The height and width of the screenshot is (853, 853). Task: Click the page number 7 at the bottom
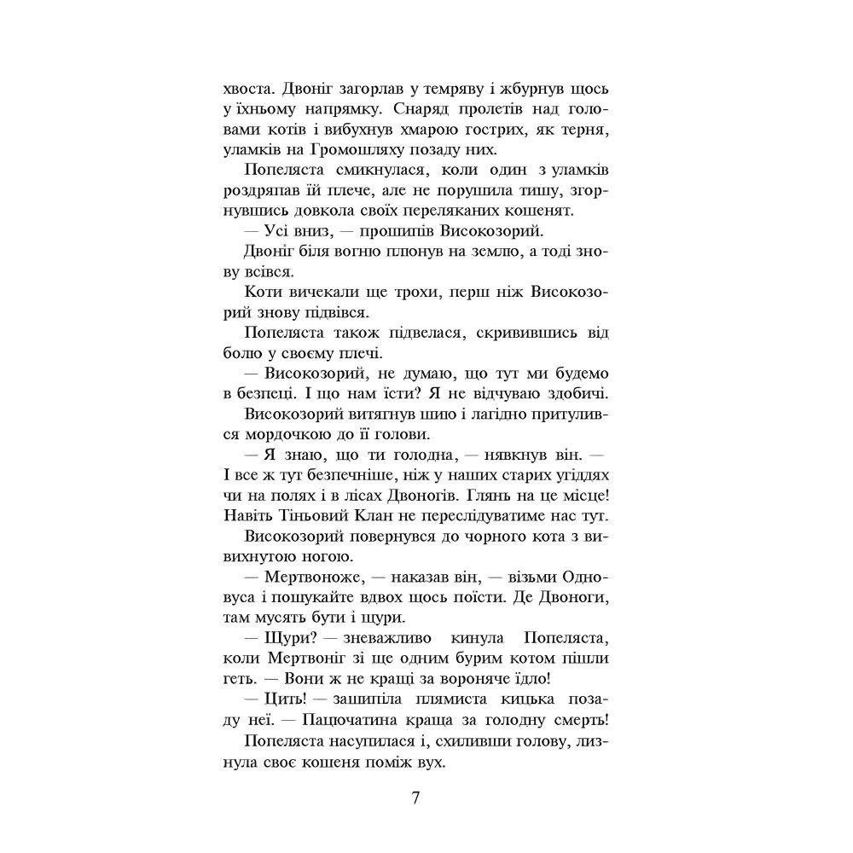point(415,799)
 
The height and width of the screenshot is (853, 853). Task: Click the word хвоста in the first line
point(248,88)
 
